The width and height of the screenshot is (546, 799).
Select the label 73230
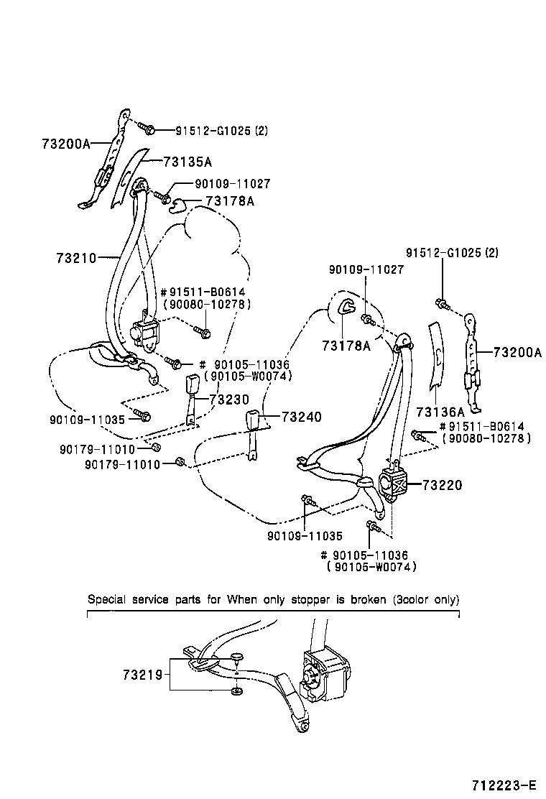tap(230, 399)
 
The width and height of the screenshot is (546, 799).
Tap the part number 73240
tap(301, 417)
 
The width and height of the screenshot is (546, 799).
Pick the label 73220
tap(443, 486)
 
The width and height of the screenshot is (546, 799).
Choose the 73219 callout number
tap(142, 675)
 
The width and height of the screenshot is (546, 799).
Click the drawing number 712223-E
tap(504, 785)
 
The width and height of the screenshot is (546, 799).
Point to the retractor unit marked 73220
tap(392, 486)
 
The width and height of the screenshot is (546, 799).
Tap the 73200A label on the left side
tap(65, 144)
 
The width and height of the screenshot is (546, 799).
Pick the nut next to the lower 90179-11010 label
tap(180, 462)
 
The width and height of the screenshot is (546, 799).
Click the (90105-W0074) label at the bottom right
tap(371, 566)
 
